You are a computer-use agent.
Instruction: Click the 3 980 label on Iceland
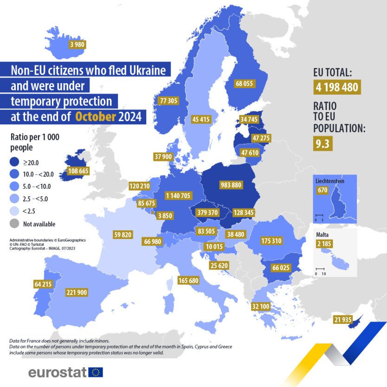pyautogui.click(x=77, y=45)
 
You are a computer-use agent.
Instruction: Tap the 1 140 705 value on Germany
pyautogui.click(x=178, y=196)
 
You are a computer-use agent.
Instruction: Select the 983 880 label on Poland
pyautogui.click(x=231, y=185)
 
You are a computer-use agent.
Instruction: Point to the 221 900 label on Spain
pyautogui.click(x=77, y=292)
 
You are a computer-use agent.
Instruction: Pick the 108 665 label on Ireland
pyautogui.click(x=78, y=171)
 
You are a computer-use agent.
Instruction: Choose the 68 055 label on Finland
pyautogui.click(x=245, y=84)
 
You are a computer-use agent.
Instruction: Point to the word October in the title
pyautogui.click(x=95, y=116)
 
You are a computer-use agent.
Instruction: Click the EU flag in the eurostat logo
pyautogui.click(x=96, y=372)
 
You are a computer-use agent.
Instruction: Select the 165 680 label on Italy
pyautogui.click(x=188, y=280)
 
